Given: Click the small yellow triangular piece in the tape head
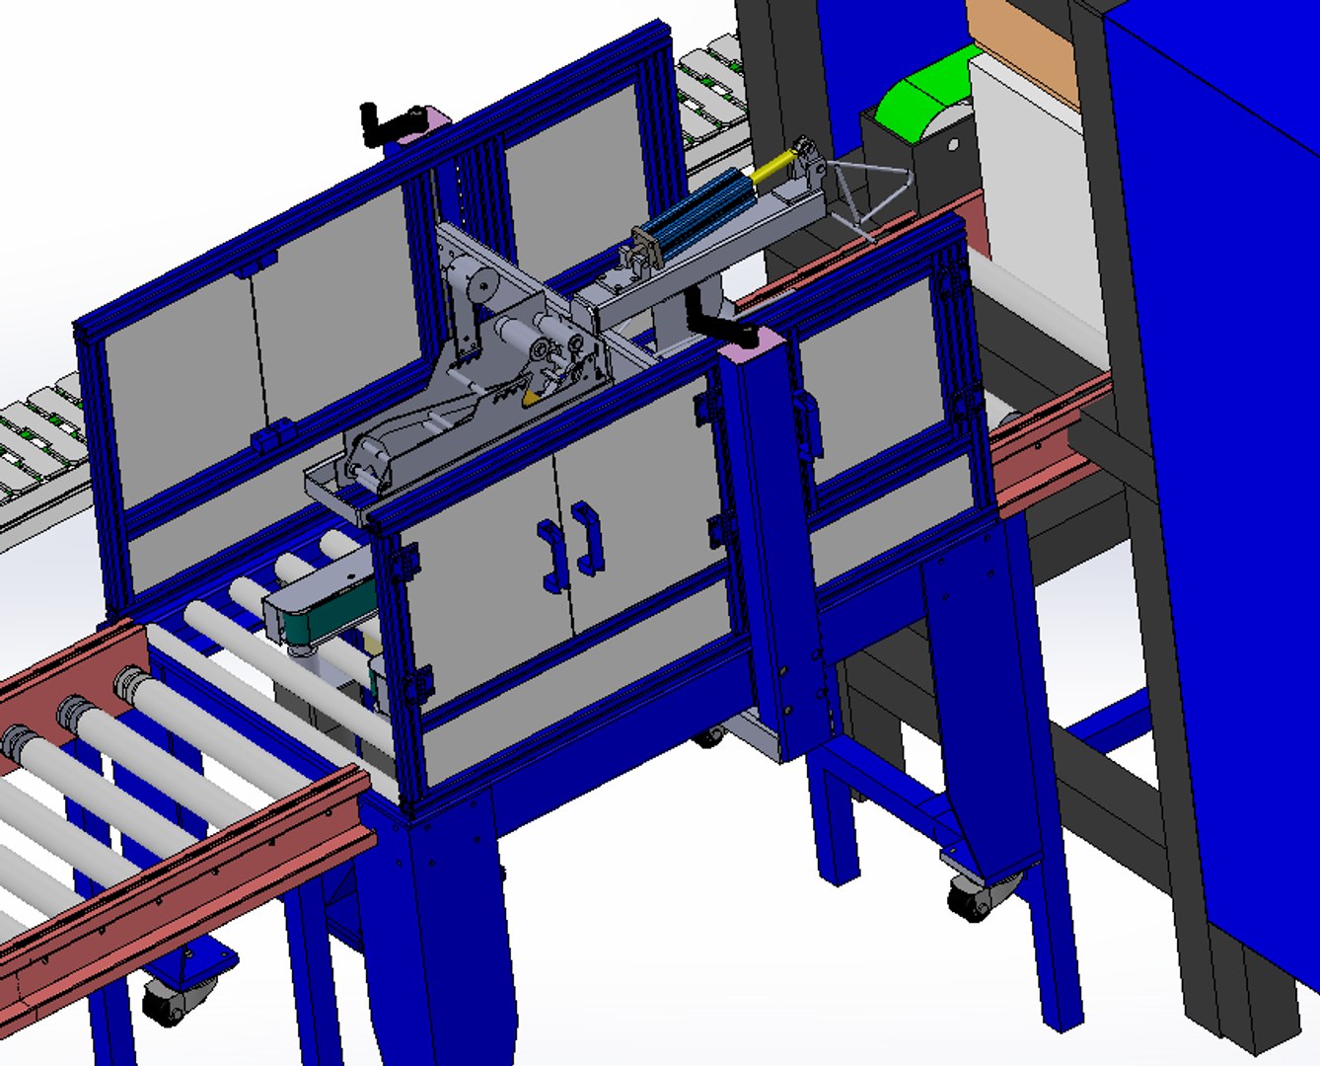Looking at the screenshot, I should click(x=532, y=397).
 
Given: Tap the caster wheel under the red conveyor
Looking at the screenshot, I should click(x=167, y=1003).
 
